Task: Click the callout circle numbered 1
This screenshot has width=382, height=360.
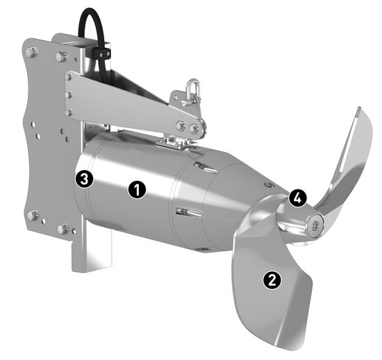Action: click(137, 189)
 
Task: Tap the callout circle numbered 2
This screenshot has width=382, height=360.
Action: click(272, 280)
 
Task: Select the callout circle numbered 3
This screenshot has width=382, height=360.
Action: click(84, 180)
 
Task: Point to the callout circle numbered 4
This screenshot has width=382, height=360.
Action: click(297, 198)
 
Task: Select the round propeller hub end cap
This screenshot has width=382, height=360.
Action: click(315, 225)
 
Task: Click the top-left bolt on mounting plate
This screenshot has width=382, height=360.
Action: click(31, 52)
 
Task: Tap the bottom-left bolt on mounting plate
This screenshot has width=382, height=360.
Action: click(32, 216)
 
